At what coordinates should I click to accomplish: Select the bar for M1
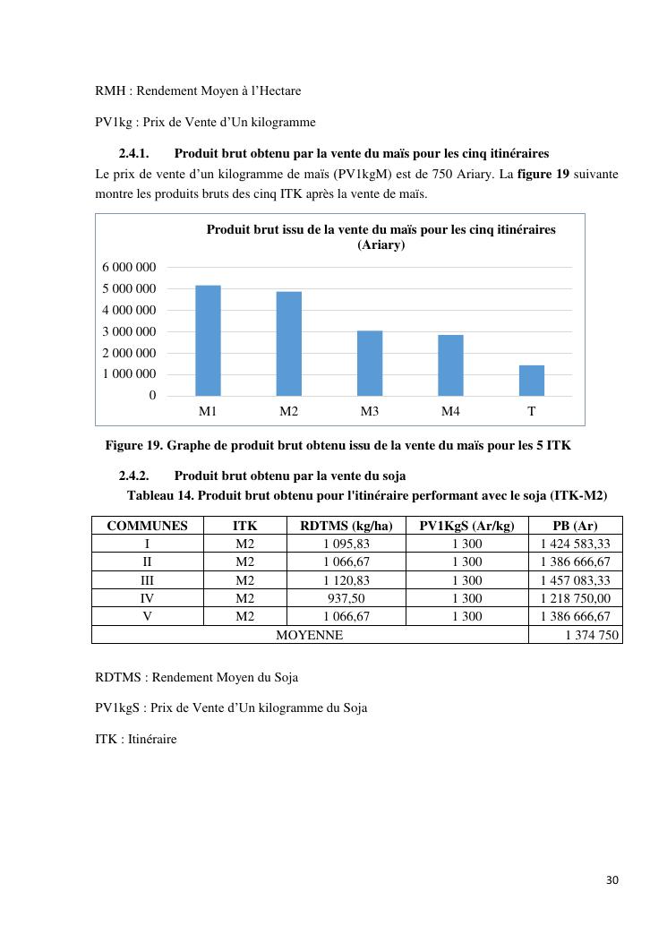(x=208, y=340)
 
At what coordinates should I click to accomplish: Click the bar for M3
(x=370, y=363)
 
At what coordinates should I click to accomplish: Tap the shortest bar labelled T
(x=532, y=380)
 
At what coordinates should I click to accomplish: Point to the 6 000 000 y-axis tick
(x=129, y=267)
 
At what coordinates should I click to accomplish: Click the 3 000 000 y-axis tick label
(x=129, y=331)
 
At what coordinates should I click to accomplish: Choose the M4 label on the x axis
(x=450, y=411)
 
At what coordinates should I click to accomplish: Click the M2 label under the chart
(x=288, y=411)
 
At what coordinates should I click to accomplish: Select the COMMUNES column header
(x=147, y=526)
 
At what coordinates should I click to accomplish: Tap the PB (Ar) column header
(x=575, y=526)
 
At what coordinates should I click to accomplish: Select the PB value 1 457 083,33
(x=575, y=580)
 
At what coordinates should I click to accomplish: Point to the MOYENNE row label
(x=309, y=635)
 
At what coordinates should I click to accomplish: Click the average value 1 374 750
(x=592, y=635)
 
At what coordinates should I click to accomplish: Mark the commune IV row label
(x=147, y=598)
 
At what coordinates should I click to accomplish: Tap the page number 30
(x=612, y=879)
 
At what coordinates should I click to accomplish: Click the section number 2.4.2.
(x=133, y=476)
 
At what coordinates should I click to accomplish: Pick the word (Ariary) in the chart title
(x=381, y=244)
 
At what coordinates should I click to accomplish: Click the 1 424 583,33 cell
(x=575, y=544)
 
